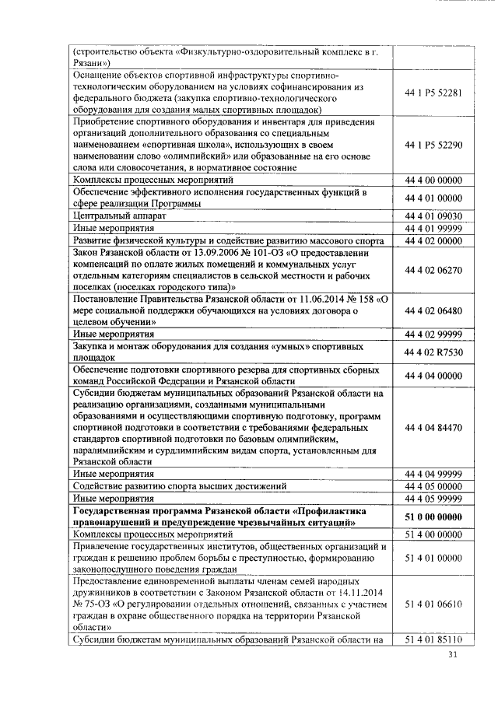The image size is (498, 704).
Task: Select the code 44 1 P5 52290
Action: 433,145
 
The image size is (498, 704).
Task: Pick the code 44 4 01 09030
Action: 433,216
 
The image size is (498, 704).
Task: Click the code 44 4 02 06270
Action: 433,270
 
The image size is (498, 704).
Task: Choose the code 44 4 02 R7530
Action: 433,352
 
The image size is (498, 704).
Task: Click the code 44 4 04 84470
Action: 433,427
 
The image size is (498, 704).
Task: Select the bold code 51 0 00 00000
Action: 433,517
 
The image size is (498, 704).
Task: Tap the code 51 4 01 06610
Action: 433,604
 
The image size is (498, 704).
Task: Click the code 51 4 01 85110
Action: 433,640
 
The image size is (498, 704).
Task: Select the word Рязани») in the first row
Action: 92,63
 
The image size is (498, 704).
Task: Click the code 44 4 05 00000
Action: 433,486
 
